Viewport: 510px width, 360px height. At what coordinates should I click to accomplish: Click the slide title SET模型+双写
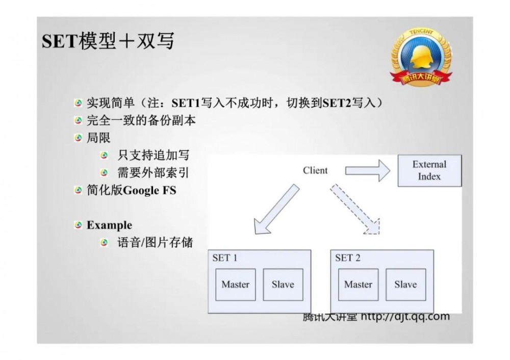pos(108,41)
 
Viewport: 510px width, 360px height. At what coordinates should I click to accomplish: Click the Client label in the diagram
pos(315,170)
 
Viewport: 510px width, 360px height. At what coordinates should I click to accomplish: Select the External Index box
pos(429,171)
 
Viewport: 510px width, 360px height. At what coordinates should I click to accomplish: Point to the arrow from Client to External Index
pos(366,171)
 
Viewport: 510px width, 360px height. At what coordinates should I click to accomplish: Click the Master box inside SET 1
pos(235,285)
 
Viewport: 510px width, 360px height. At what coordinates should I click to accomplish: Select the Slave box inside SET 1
pos(283,285)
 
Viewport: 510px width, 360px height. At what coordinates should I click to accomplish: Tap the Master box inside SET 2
pos(358,285)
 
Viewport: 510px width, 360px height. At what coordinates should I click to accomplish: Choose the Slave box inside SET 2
pos(405,285)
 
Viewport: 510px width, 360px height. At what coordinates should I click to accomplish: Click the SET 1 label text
pos(224,258)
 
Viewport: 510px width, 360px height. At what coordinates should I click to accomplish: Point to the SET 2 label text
pos(347,258)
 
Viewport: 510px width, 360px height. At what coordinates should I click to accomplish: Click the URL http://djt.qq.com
pos(405,317)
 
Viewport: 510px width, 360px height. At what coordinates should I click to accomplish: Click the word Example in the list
pos(109,225)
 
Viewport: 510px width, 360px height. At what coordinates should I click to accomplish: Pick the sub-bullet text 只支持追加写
pos(153,156)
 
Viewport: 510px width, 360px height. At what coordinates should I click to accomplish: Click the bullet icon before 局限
pos(78,138)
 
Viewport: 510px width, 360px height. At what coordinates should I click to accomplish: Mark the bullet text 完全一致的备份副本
pos(141,121)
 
